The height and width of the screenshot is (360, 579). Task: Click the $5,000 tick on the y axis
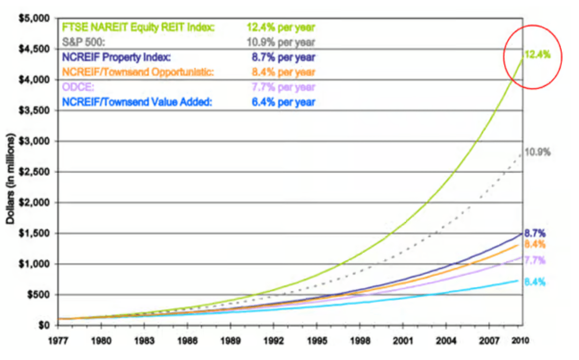[x=34, y=18]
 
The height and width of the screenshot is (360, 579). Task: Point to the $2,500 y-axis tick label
[x=34, y=172]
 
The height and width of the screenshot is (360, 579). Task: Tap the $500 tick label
[x=38, y=295]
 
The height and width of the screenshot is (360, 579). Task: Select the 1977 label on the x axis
[x=58, y=341]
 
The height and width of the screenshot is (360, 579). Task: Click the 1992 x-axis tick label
[x=273, y=341]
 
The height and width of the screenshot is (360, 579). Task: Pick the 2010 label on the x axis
[x=520, y=341]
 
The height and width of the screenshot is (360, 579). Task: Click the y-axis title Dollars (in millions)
[x=10, y=178]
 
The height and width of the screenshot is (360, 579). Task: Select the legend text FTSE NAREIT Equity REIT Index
[x=138, y=27]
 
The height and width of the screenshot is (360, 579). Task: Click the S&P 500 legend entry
[x=83, y=42]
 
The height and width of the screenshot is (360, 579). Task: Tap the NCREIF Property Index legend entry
[x=116, y=57]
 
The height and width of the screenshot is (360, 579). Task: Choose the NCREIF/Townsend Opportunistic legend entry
[x=138, y=72]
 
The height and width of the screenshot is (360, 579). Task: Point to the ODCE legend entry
[x=78, y=87]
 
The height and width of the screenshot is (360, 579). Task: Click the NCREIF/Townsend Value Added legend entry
[x=137, y=102]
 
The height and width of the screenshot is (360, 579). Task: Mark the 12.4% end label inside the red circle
[x=537, y=55]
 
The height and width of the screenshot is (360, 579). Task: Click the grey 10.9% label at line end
[x=537, y=152]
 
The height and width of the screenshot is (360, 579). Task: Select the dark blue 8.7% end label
[x=535, y=233]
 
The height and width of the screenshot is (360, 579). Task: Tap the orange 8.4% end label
[x=535, y=244]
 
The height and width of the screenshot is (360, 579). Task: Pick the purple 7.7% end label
[x=535, y=260]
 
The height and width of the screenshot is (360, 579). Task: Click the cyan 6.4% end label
[x=535, y=282]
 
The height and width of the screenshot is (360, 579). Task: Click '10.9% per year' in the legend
[x=281, y=42]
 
